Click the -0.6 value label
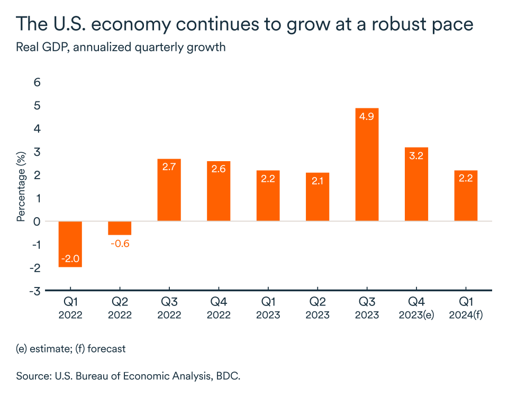(x=119, y=244)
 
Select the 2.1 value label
(x=317, y=181)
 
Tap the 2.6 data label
(x=218, y=170)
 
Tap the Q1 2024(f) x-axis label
(x=466, y=308)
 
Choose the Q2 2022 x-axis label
(x=119, y=308)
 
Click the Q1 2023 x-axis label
(x=268, y=308)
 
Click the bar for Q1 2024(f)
(x=466, y=196)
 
